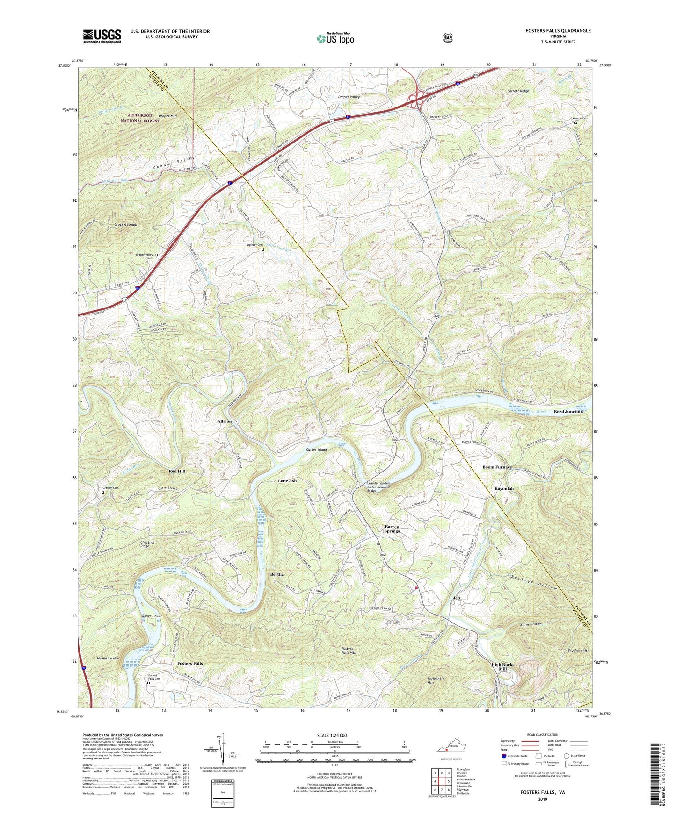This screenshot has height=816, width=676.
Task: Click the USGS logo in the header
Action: tap(102, 36)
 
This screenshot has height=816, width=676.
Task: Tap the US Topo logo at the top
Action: tap(335, 38)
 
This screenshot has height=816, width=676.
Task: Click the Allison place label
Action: tap(224, 422)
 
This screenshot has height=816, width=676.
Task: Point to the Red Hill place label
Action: tap(177, 472)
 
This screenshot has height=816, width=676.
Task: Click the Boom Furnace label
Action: tap(497, 467)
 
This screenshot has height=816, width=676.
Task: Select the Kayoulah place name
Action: tap(504, 489)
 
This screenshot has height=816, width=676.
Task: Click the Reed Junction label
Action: tap(568, 412)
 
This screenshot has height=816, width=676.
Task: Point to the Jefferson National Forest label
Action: tap(139, 118)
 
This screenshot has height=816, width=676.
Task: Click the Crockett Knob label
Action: tap(125, 225)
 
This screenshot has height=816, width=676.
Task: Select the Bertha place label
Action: tap(277, 574)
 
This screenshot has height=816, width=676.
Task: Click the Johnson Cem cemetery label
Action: tap(579, 118)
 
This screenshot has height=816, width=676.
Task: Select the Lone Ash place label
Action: tap(287, 481)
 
